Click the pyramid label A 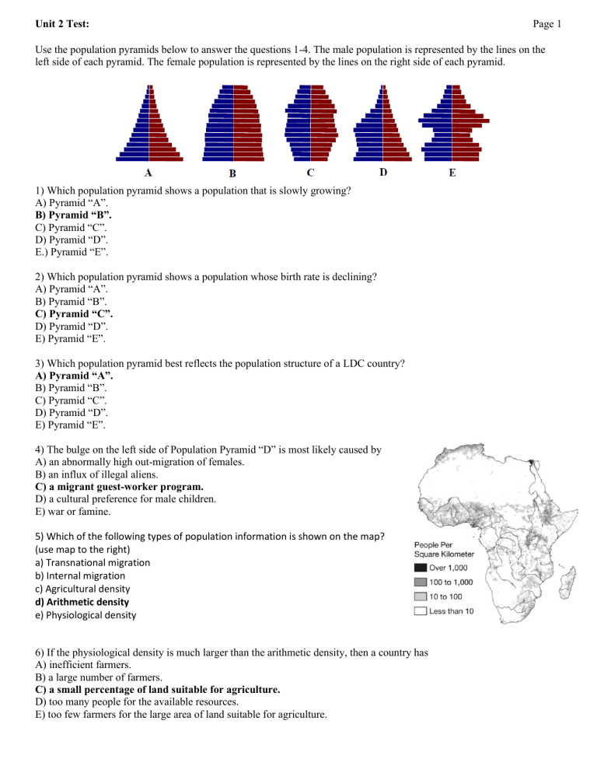click(x=148, y=173)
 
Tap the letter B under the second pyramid click(x=232, y=173)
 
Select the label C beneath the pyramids click(x=311, y=172)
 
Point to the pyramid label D click(x=382, y=172)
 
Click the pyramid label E click(x=452, y=173)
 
